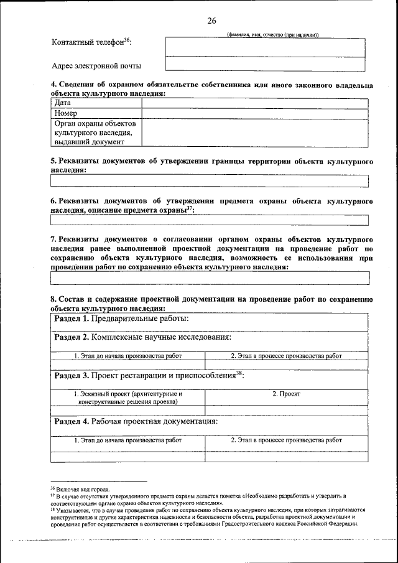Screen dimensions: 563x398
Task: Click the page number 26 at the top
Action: pyautogui.click(x=211, y=21)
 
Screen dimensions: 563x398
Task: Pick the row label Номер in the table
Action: pyautogui.click(x=66, y=113)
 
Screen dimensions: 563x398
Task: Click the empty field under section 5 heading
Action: pyautogui.click(x=210, y=181)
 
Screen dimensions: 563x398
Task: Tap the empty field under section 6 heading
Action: pyautogui.click(x=210, y=220)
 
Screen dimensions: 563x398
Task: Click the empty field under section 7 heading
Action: pyautogui.click(x=210, y=277)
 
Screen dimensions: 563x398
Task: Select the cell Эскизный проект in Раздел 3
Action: pyautogui.click(x=128, y=398)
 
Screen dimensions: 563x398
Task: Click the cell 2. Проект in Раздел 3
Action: pyautogui.click(x=286, y=394)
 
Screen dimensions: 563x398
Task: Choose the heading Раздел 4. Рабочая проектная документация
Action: pyautogui.click(x=136, y=421)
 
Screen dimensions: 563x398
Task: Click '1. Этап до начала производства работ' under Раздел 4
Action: pyautogui.click(x=128, y=440)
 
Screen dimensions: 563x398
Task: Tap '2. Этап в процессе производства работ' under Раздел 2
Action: pyautogui.click(x=286, y=356)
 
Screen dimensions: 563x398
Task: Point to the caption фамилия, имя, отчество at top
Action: pyautogui.click(x=273, y=34)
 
